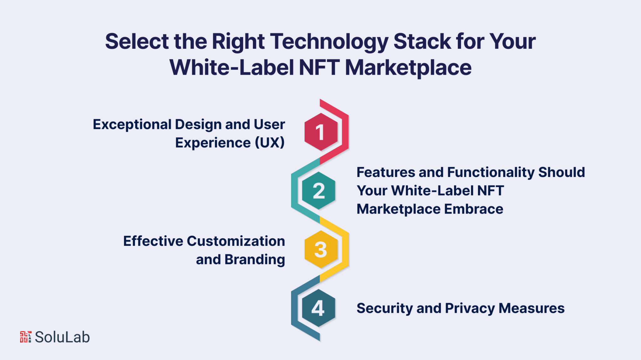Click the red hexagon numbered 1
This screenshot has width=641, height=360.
[321, 132]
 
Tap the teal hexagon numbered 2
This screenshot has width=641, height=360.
[319, 190]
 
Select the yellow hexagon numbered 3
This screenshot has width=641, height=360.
[321, 249]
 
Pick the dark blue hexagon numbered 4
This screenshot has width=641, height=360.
[319, 308]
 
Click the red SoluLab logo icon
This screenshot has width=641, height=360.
[25, 337]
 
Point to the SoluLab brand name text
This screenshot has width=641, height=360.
[62, 337]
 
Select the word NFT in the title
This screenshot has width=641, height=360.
[319, 68]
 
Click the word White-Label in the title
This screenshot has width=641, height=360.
[232, 68]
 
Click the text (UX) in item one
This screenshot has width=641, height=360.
[269, 143]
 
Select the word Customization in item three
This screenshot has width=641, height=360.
[236, 241]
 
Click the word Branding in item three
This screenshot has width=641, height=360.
[254, 260]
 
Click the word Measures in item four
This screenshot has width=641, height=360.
[531, 308]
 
